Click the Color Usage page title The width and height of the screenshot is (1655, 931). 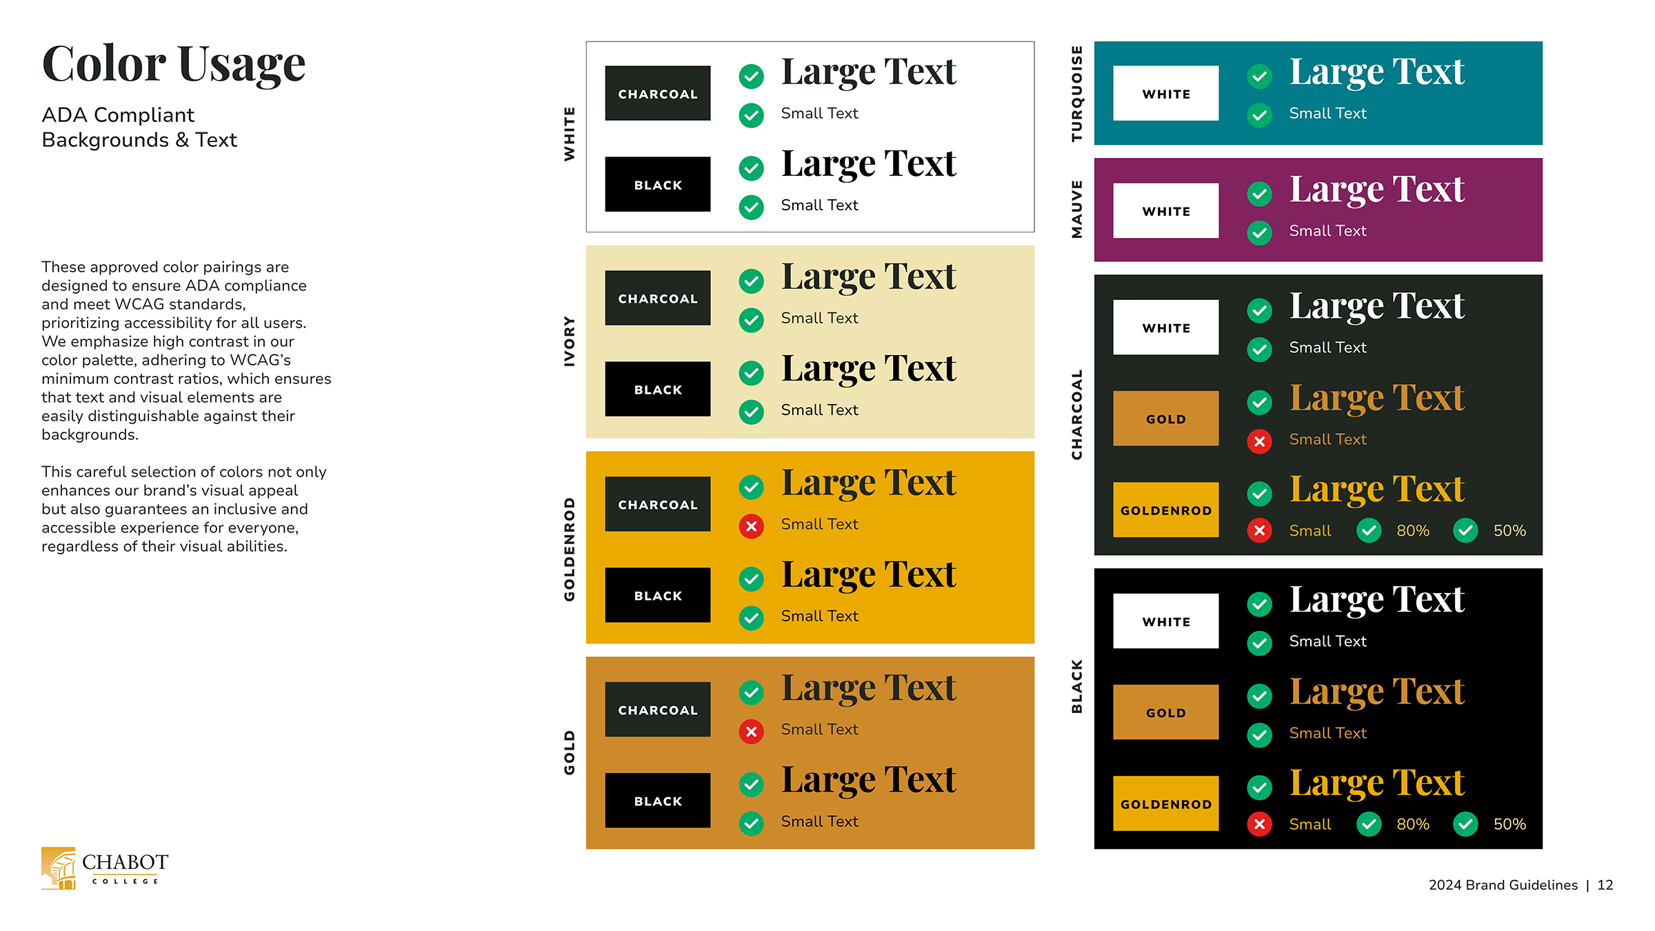point(174,64)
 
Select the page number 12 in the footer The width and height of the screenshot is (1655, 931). point(1605,885)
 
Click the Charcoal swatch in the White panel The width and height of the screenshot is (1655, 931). point(657,93)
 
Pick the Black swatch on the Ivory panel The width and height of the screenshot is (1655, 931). point(657,389)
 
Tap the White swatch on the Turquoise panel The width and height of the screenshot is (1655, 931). point(1165,93)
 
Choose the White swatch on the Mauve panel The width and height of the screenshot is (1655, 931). point(1165,210)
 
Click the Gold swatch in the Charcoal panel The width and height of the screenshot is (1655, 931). point(1165,419)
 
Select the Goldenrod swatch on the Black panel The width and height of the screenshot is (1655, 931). point(1165,803)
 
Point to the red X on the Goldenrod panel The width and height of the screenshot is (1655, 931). point(751,526)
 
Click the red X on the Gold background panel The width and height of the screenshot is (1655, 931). point(751,731)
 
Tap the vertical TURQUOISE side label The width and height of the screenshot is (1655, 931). point(1076,94)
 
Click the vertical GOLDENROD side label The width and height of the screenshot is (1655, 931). point(569,549)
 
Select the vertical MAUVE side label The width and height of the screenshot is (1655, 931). point(1076,210)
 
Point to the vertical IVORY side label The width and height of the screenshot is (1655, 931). point(569,341)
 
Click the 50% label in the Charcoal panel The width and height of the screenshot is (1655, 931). point(1509,530)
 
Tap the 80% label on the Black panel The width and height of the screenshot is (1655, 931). point(1412,824)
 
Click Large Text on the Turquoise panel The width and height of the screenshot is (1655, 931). point(1376,72)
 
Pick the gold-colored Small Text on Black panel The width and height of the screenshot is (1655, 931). point(1327,733)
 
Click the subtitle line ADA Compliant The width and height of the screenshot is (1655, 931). point(118,114)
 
